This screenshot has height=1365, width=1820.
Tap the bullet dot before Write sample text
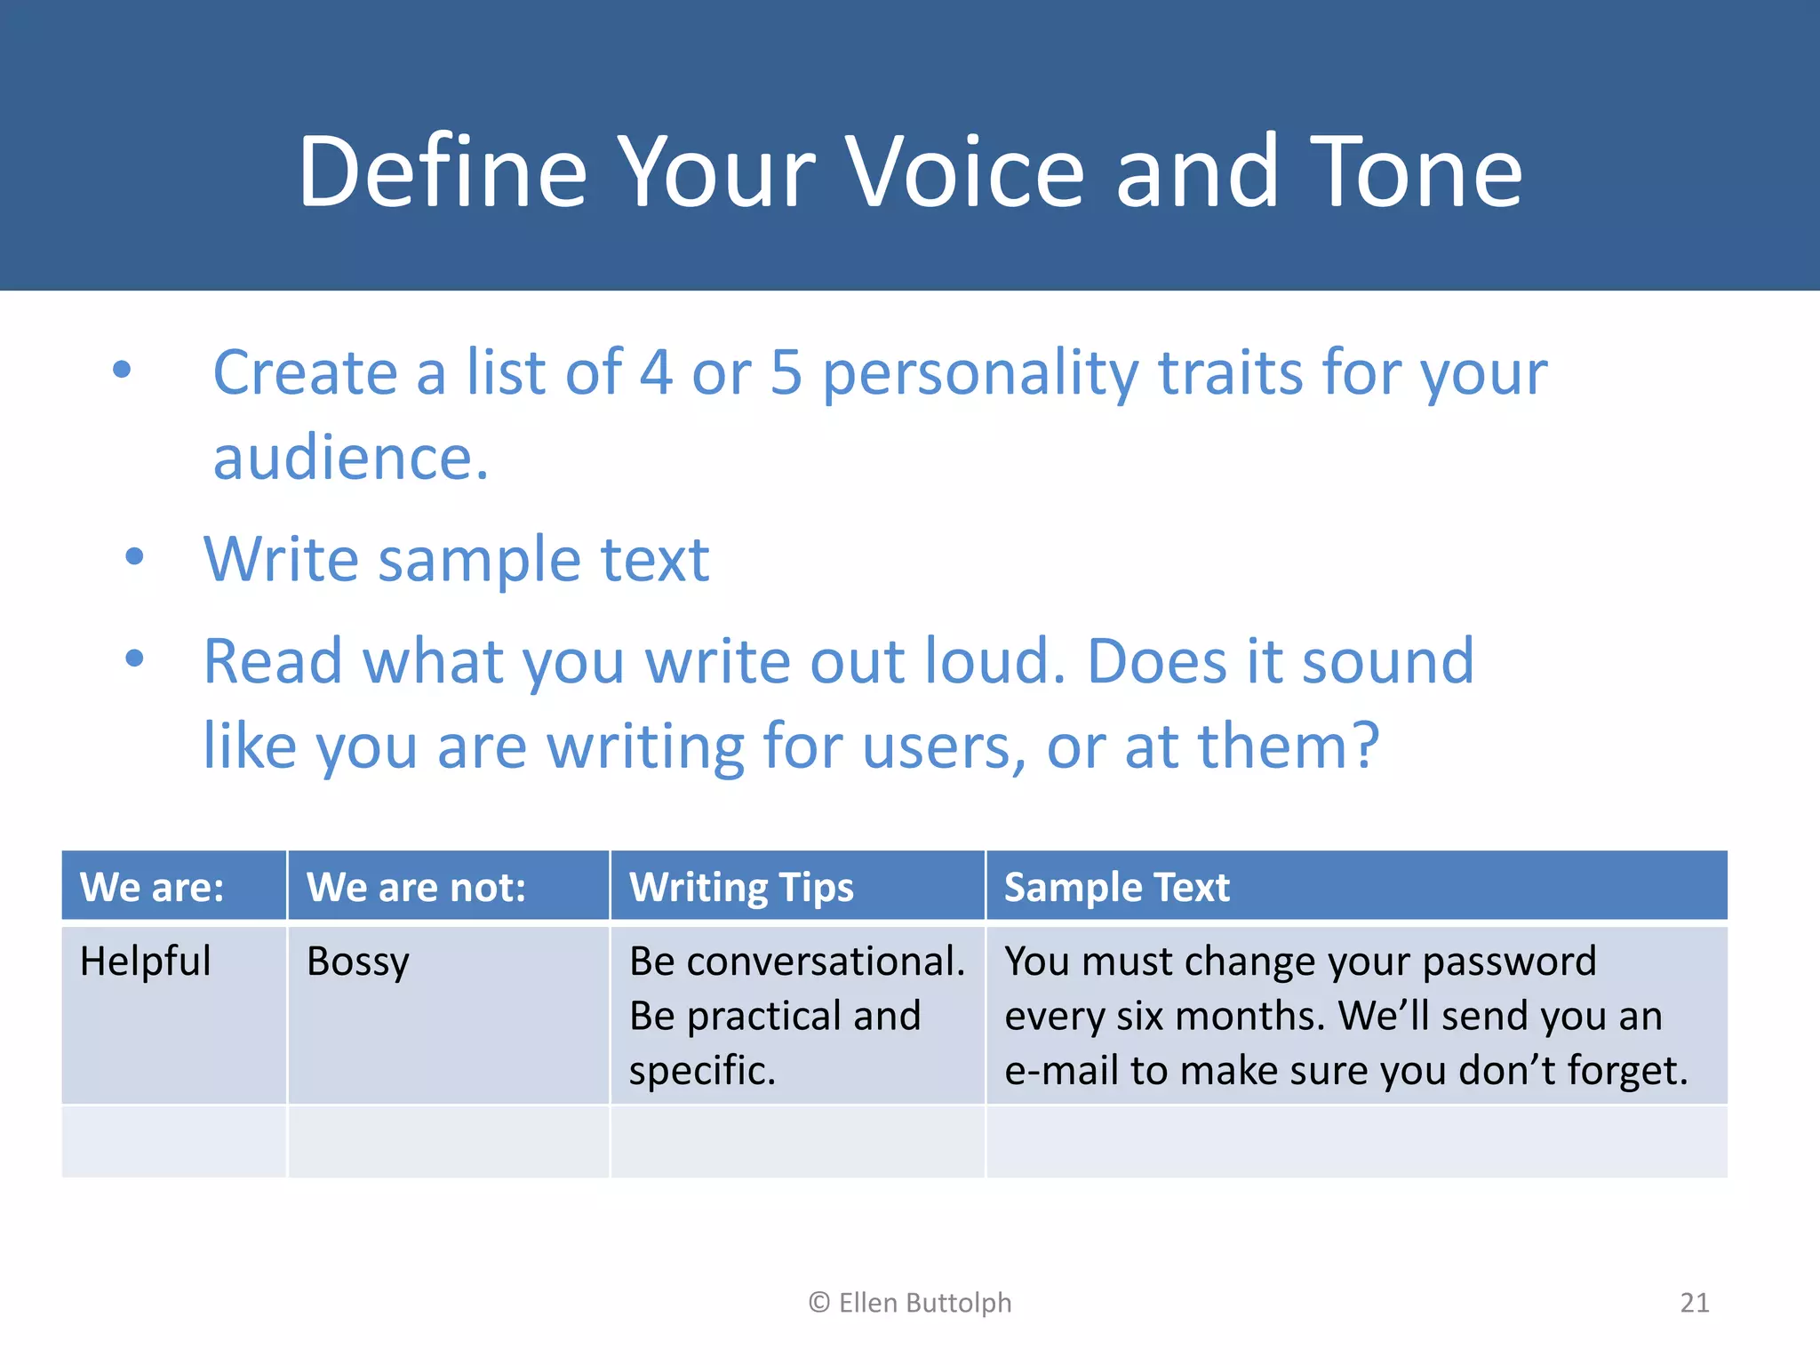(134, 557)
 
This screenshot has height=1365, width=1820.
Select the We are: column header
(152, 887)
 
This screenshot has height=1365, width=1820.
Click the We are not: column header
(416, 887)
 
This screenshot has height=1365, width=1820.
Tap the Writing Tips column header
(741, 887)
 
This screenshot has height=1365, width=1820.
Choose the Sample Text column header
(1116, 887)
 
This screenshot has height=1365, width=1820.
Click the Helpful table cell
(146, 962)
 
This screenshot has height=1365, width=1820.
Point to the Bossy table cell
(357, 962)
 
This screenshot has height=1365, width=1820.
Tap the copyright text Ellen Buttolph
(910, 1303)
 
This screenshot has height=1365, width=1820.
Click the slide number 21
(1694, 1303)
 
